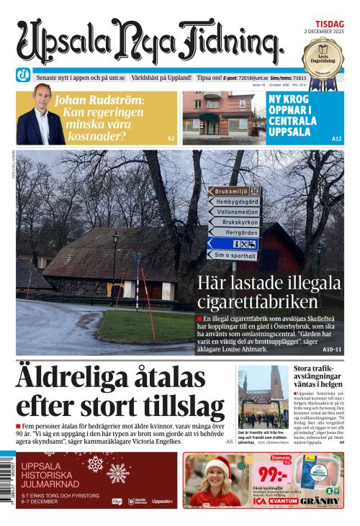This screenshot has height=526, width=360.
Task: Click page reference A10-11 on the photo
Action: tap(332, 349)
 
